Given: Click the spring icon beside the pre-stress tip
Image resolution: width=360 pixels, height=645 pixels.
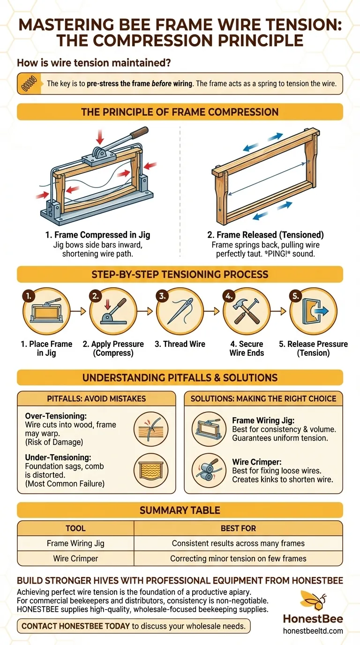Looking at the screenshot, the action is [29, 83].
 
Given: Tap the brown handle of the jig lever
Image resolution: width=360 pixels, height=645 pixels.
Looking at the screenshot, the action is [139, 132].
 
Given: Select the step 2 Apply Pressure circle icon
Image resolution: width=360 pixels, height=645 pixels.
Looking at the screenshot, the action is [113, 311].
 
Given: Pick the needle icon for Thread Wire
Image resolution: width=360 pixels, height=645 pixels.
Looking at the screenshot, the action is [180, 311].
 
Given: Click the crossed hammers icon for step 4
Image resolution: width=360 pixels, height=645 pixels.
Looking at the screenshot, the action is [247, 311].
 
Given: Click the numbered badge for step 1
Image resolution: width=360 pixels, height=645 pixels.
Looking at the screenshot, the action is [29, 296].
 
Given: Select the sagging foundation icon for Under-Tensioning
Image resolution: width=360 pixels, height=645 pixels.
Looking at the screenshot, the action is [151, 471].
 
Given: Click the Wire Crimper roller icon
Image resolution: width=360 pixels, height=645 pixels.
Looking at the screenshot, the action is [209, 471].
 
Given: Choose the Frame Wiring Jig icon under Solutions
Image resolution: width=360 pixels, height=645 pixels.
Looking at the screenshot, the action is [209, 429].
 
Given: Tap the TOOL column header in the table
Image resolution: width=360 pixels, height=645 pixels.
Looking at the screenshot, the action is [75, 528].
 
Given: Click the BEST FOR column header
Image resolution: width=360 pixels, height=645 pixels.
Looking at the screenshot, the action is [238, 528].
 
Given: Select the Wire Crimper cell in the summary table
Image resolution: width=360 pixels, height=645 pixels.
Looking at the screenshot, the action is [75, 558].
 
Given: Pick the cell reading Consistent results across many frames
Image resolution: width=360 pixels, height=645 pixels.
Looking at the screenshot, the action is [238, 543].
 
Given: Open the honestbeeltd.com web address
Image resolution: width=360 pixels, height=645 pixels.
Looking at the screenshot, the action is [313, 631].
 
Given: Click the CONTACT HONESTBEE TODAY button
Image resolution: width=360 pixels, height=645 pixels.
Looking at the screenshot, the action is [134, 626].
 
